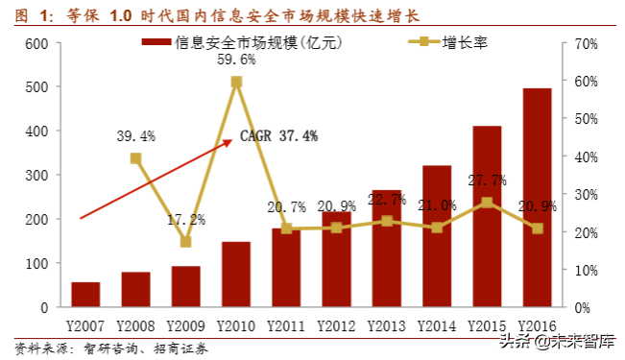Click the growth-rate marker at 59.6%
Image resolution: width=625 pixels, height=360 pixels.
236,83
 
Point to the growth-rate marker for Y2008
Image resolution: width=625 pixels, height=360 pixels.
135,158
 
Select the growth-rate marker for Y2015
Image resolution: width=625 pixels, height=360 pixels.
487,203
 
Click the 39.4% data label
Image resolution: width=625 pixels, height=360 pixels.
135,134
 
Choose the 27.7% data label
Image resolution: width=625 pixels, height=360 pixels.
487,180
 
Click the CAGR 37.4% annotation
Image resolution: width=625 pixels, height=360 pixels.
278,136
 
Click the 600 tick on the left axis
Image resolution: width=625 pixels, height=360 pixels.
36,44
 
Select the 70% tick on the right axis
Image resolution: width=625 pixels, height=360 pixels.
585,44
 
